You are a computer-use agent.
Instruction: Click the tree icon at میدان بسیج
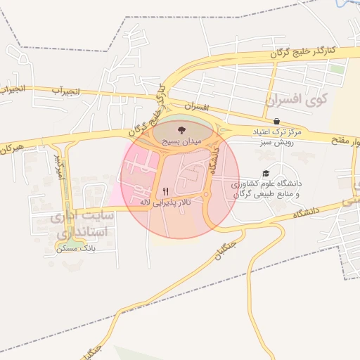click(x=181, y=130)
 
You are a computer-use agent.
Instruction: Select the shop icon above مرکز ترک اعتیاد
click(x=276, y=122)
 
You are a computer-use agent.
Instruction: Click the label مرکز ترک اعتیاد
click(x=276, y=132)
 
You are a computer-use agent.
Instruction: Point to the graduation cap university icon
click(x=265, y=173)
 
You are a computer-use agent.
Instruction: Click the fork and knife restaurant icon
click(x=165, y=191)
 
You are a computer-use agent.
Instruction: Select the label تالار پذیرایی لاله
click(x=165, y=202)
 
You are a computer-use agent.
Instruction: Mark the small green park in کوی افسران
click(x=338, y=70)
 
